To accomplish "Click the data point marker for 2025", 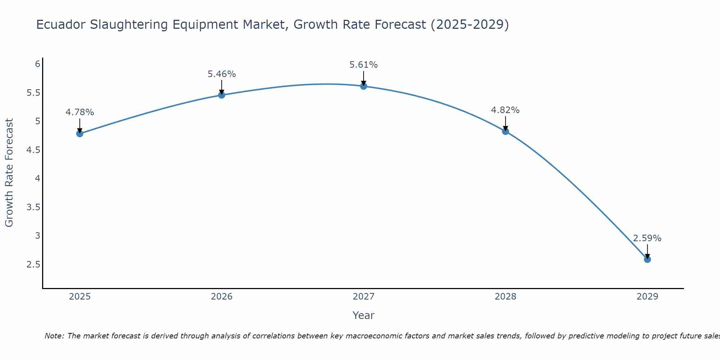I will tap(80, 134).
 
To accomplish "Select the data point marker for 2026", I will tap(221, 95).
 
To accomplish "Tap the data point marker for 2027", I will tap(363, 86).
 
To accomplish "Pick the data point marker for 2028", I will tap(505, 131).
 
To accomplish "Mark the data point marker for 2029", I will tap(647, 259).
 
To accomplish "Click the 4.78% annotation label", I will tap(80, 112).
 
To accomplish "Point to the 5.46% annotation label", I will tap(221, 74).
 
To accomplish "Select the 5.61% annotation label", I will tap(363, 65).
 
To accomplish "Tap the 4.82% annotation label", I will tap(505, 110).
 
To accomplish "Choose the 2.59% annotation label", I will tap(647, 238).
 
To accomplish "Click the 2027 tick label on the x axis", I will tap(363, 297).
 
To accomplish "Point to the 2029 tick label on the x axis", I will tap(647, 297).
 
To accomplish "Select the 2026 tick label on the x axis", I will tap(221, 297).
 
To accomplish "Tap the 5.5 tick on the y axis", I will tap(33, 93).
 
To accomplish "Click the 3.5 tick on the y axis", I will tap(33, 207).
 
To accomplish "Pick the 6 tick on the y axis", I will tap(37, 64).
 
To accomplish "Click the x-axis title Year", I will tap(363, 315).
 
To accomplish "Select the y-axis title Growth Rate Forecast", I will tap(9, 173).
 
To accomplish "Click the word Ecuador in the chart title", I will tap(61, 24).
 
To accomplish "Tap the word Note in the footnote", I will tap(54, 336).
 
